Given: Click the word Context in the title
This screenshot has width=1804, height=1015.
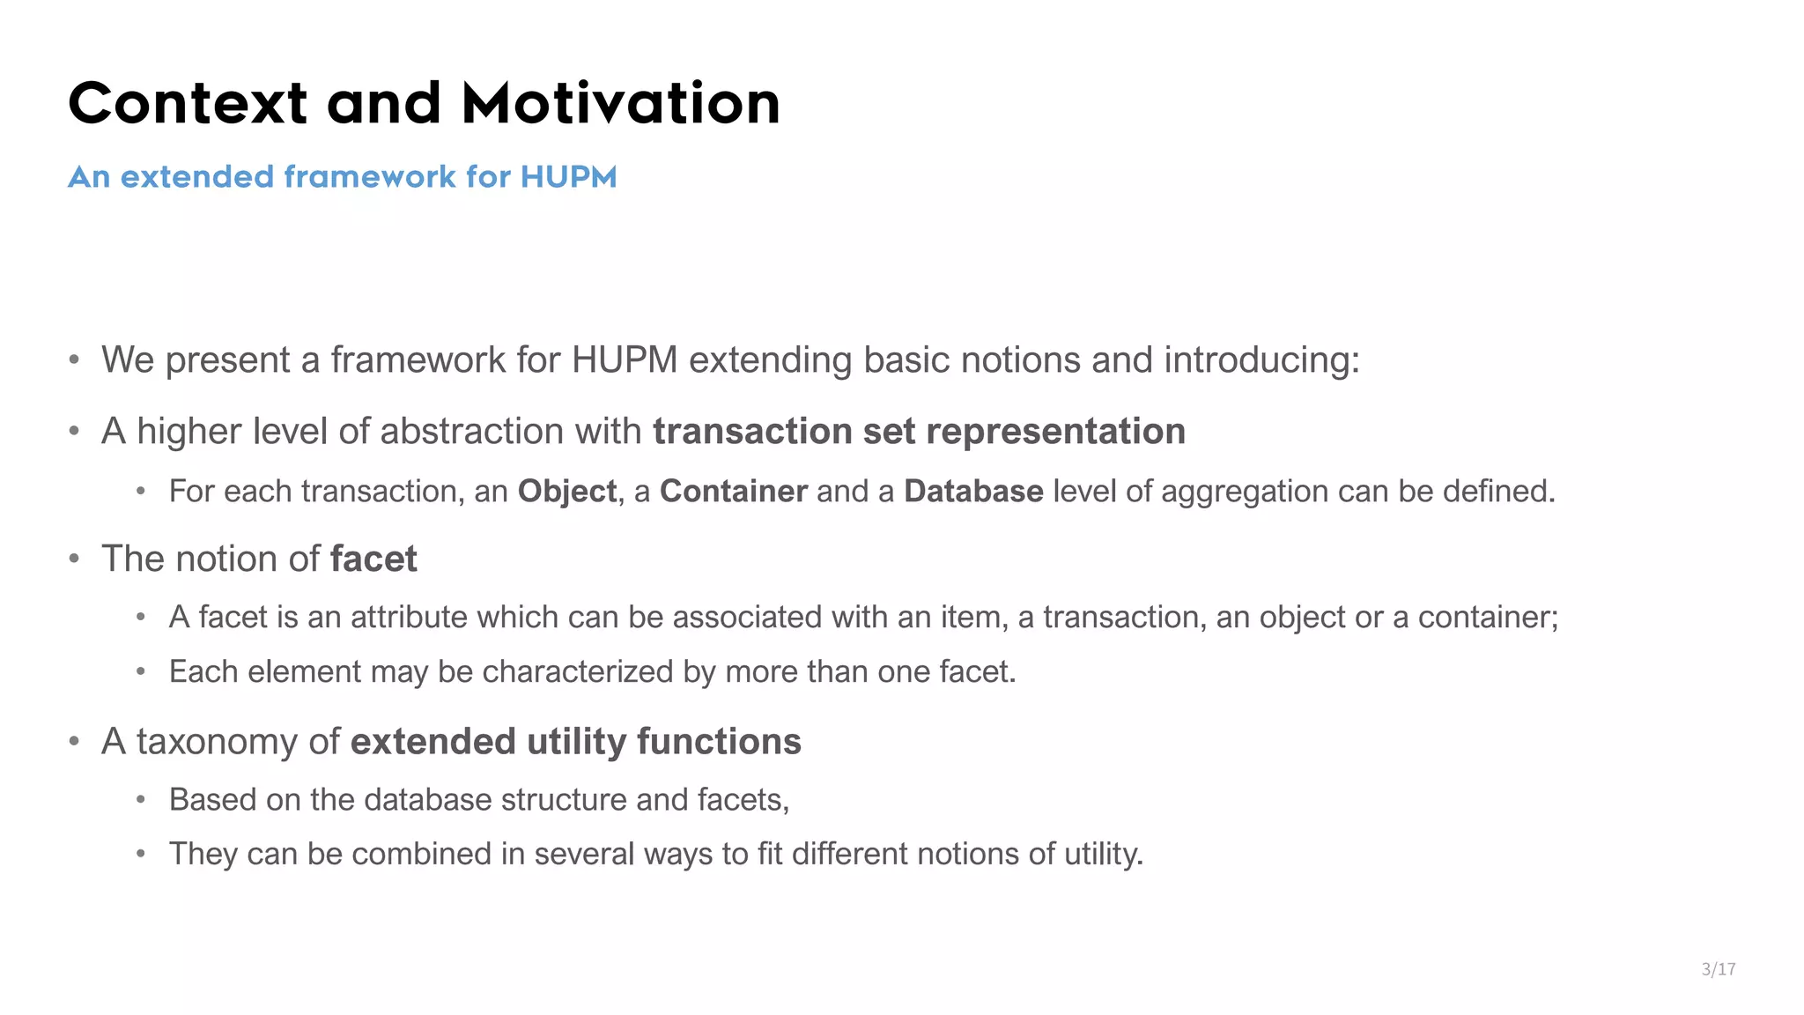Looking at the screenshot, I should pyautogui.click(x=188, y=103).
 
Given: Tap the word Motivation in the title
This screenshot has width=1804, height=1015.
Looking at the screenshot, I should pyautogui.click(x=621, y=103).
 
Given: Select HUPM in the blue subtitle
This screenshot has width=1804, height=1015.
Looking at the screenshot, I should pyautogui.click(x=568, y=177).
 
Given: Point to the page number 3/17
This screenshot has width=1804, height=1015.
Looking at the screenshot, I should pyautogui.click(x=1719, y=969).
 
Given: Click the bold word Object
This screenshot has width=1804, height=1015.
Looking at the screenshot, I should pyautogui.click(x=566, y=492).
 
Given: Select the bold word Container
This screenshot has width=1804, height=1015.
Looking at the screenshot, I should pyautogui.click(x=733, y=492).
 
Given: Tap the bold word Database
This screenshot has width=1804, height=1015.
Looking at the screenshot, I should pyautogui.click(x=973, y=492).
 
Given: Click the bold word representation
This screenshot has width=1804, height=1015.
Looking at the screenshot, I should pyautogui.click(x=1055, y=432).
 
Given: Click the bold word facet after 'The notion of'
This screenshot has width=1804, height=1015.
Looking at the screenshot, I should pyautogui.click(x=373, y=559).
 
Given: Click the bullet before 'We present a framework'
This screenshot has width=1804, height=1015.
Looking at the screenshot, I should pyautogui.click(x=75, y=360).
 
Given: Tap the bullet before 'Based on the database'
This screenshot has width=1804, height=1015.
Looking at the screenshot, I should pyautogui.click(x=141, y=800).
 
